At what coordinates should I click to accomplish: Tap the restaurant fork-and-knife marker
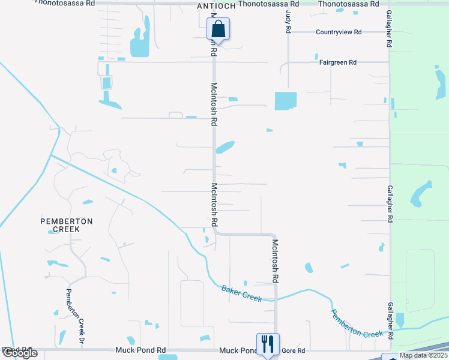coord(267,344)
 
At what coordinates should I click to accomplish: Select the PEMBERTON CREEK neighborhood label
coord(67,225)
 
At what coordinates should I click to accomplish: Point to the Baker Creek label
coord(242,293)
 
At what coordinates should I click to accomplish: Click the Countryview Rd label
coord(339,32)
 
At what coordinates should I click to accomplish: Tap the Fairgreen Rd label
coord(338,62)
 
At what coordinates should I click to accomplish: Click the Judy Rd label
coord(289,20)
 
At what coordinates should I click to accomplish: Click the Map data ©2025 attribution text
coord(423,355)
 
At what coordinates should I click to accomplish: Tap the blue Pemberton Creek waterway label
coord(356,324)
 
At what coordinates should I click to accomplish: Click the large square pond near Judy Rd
coord(286,101)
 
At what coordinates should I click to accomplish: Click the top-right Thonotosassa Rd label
coord(349,4)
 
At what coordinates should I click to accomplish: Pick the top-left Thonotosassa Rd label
coord(65,3)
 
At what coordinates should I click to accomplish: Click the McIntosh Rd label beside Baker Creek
coord(275,260)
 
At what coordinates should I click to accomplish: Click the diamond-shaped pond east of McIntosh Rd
coord(224,147)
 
